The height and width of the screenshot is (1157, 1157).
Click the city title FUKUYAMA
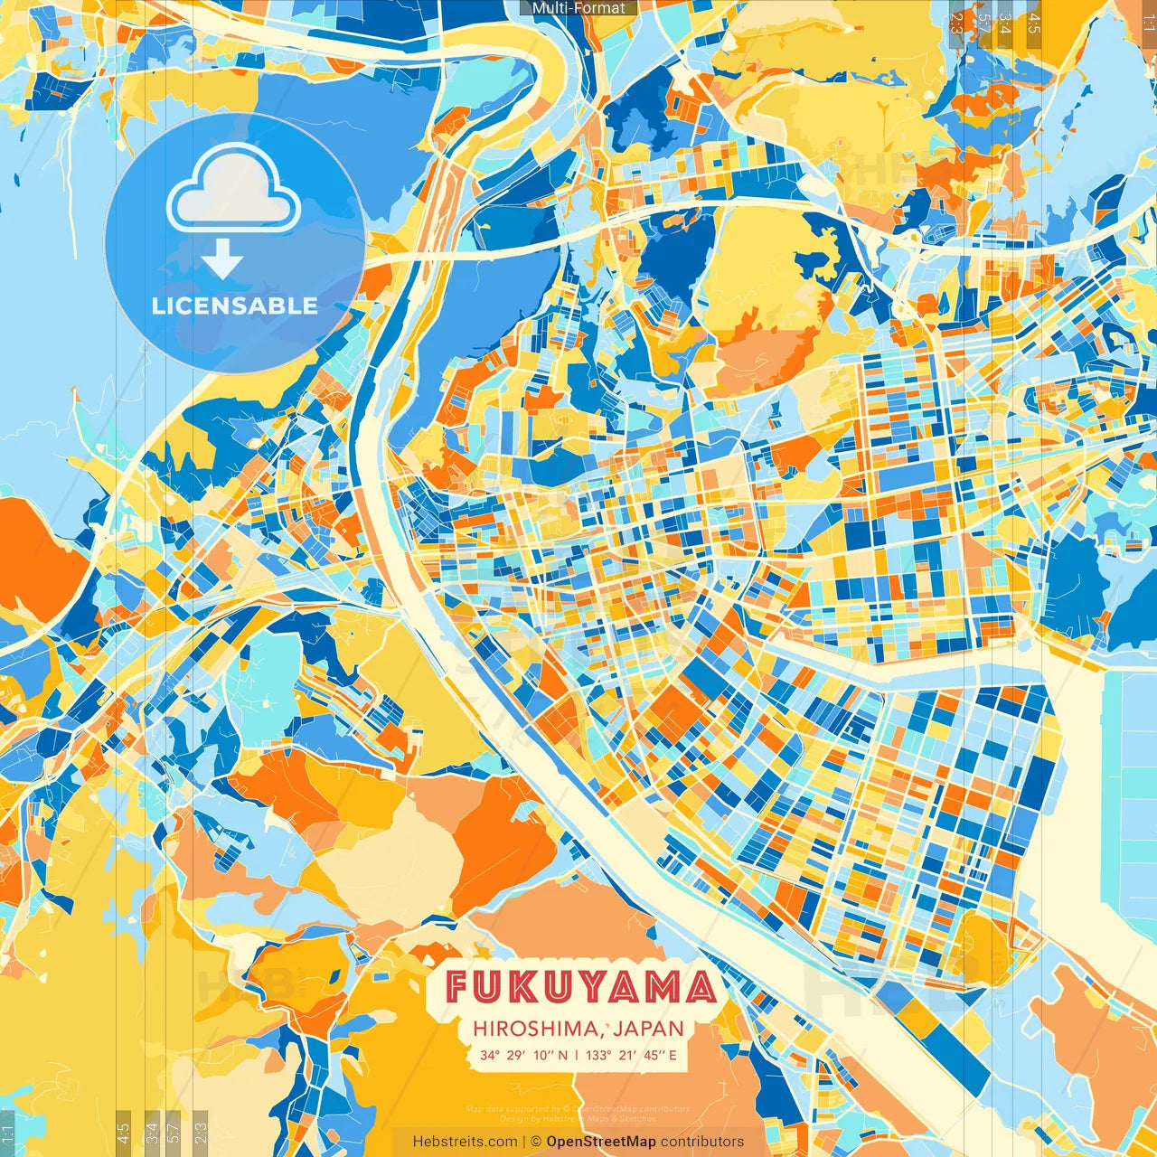581,987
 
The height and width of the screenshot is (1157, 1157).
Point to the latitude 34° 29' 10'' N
524,1055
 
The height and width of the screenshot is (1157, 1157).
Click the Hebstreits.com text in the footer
465,1142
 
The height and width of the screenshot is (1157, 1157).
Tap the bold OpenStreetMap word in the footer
601,1142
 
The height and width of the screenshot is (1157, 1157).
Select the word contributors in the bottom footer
702,1142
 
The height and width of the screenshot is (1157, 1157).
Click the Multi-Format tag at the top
578,8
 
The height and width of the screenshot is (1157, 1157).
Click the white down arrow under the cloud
221,259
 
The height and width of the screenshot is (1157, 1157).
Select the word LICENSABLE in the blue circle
235,306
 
